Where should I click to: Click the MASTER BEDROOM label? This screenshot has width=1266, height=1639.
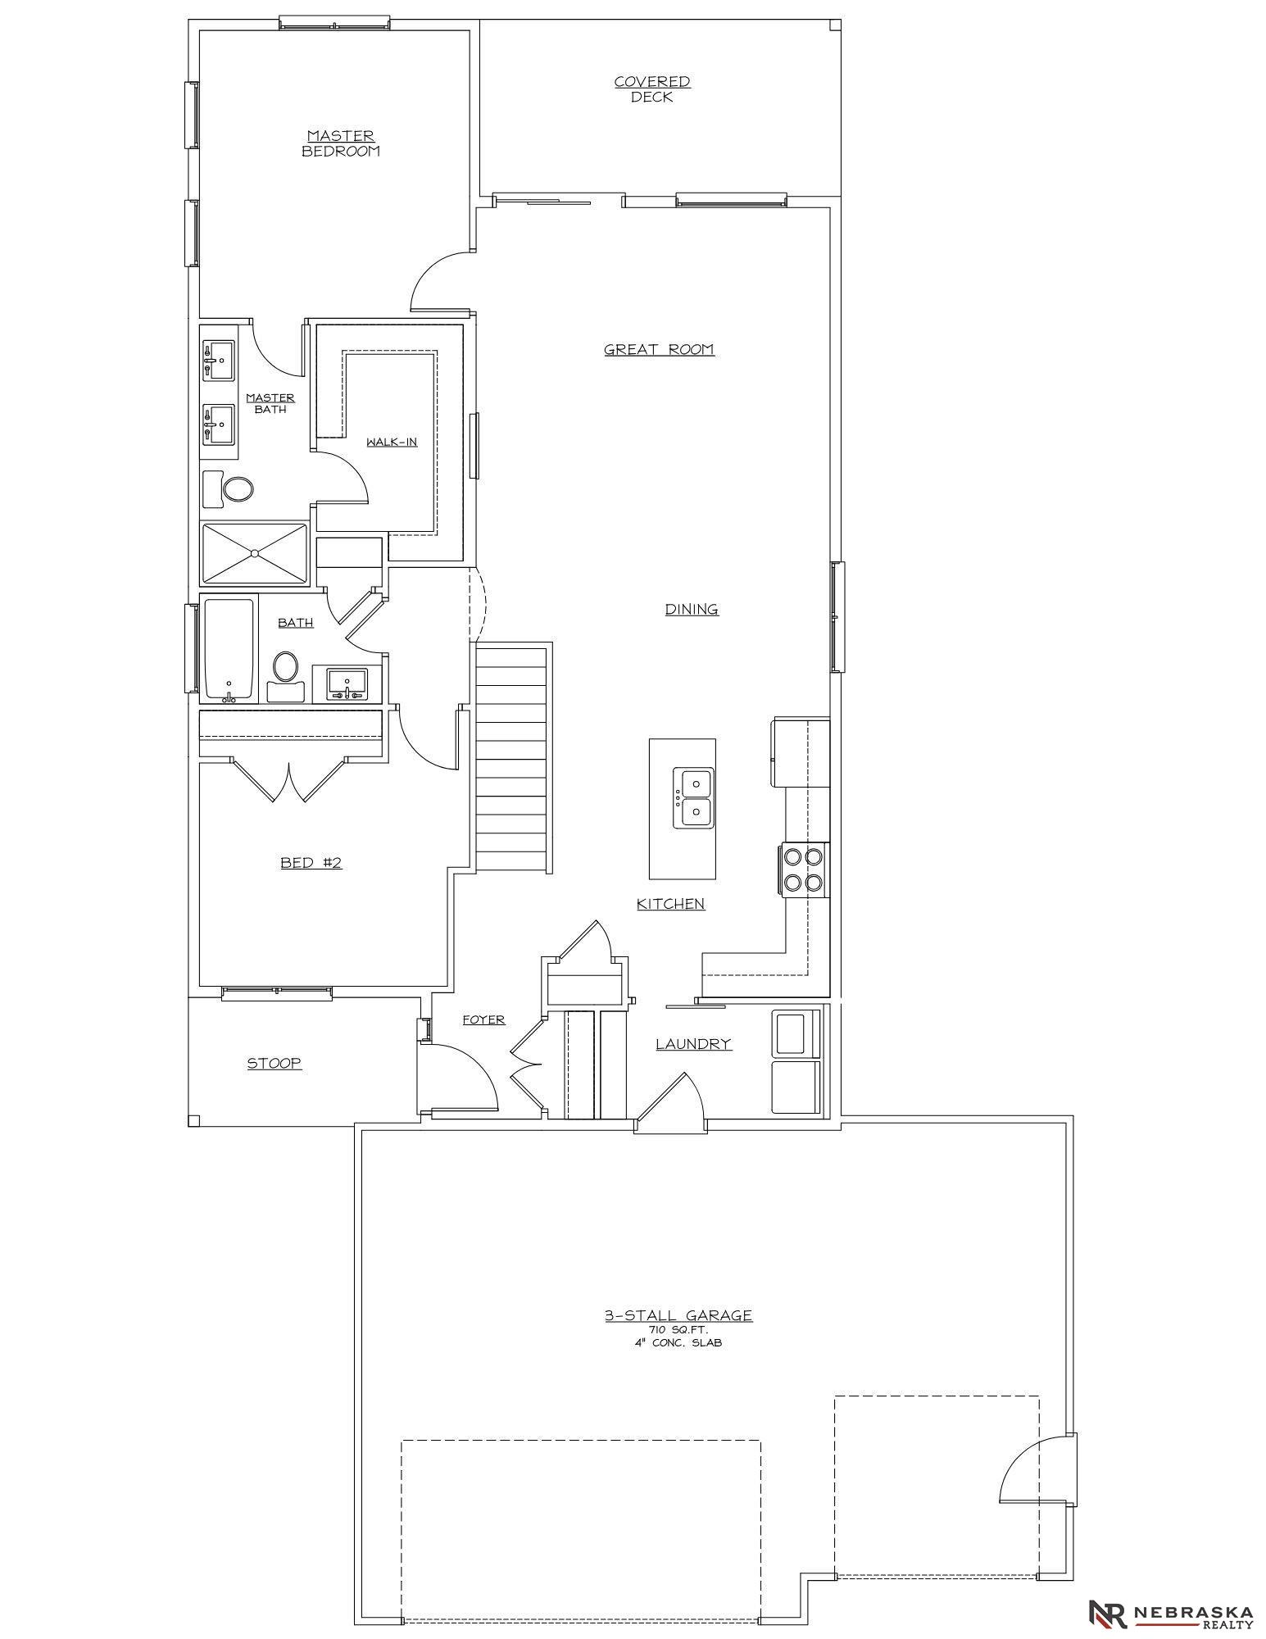[341, 143]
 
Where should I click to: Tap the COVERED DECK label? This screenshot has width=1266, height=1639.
[652, 89]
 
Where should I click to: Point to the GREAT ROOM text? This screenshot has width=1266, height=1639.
[659, 350]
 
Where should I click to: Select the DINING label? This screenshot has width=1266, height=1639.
[692, 610]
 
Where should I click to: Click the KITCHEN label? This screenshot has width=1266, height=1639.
[671, 904]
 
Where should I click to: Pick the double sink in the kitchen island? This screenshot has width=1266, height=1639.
[693, 798]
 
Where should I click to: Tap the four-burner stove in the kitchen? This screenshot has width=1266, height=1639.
[803, 870]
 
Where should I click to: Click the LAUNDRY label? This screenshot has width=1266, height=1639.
[693, 1044]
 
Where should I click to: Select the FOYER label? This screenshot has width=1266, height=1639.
[483, 1020]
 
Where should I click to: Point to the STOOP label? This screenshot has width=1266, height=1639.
[275, 1064]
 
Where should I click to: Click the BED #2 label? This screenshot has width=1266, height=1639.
[311, 863]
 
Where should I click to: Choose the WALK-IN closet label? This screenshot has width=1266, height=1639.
[392, 443]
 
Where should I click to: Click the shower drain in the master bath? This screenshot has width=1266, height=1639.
[255, 554]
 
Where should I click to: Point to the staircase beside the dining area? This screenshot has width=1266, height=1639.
[511, 760]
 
